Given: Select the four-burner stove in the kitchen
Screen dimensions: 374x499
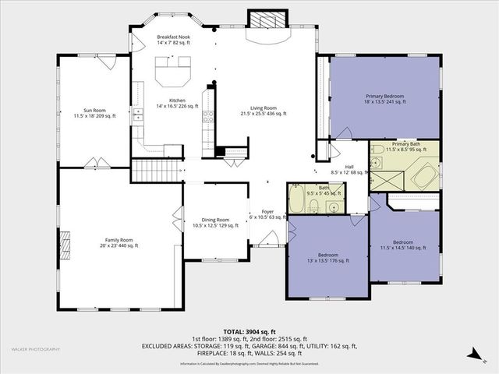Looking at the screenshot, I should coord(209,117).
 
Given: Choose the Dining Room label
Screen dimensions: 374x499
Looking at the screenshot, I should coord(211,222).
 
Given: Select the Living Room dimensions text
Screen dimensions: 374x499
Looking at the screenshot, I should coord(263,113).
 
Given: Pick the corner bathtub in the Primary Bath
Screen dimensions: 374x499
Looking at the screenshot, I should coord(425,175).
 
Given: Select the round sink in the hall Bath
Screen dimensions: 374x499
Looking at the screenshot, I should coord(333,206).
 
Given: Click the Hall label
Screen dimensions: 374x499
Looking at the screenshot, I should coord(349,167).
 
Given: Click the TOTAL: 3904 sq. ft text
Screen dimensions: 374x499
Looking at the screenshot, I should coord(249,333).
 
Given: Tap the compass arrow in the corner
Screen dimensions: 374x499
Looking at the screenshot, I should coord(472,355).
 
